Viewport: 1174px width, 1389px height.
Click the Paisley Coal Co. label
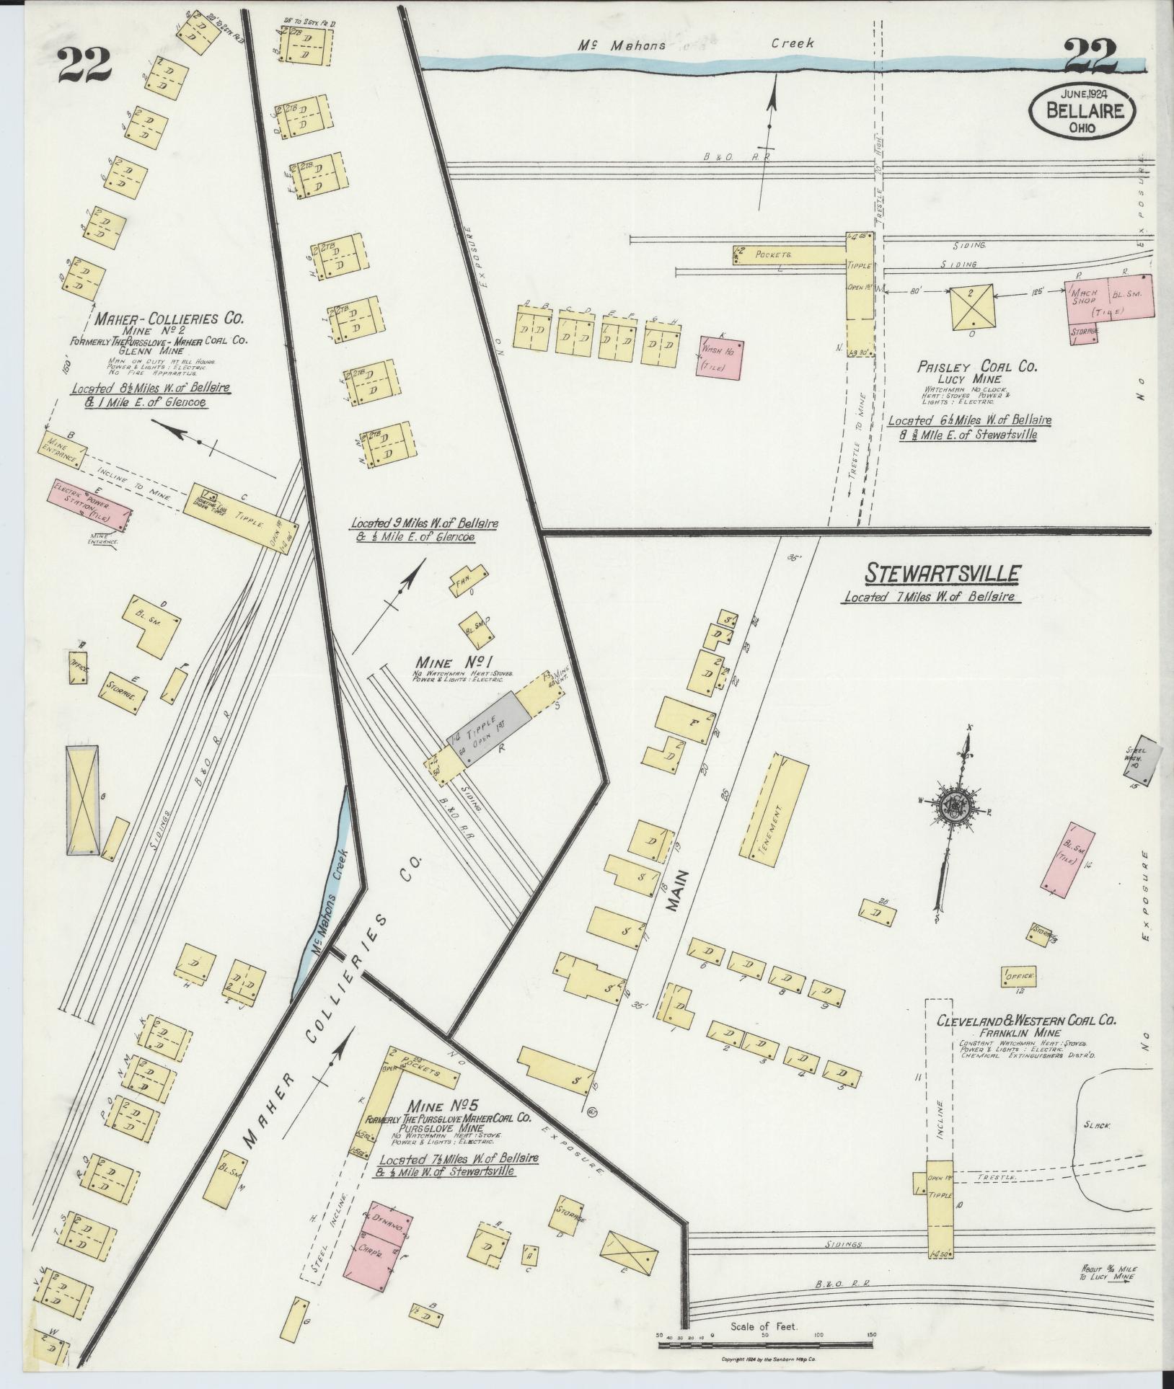(976, 367)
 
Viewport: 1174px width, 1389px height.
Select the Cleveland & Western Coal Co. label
(1026, 1021)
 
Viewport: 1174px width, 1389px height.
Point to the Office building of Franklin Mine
(1018, 976)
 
